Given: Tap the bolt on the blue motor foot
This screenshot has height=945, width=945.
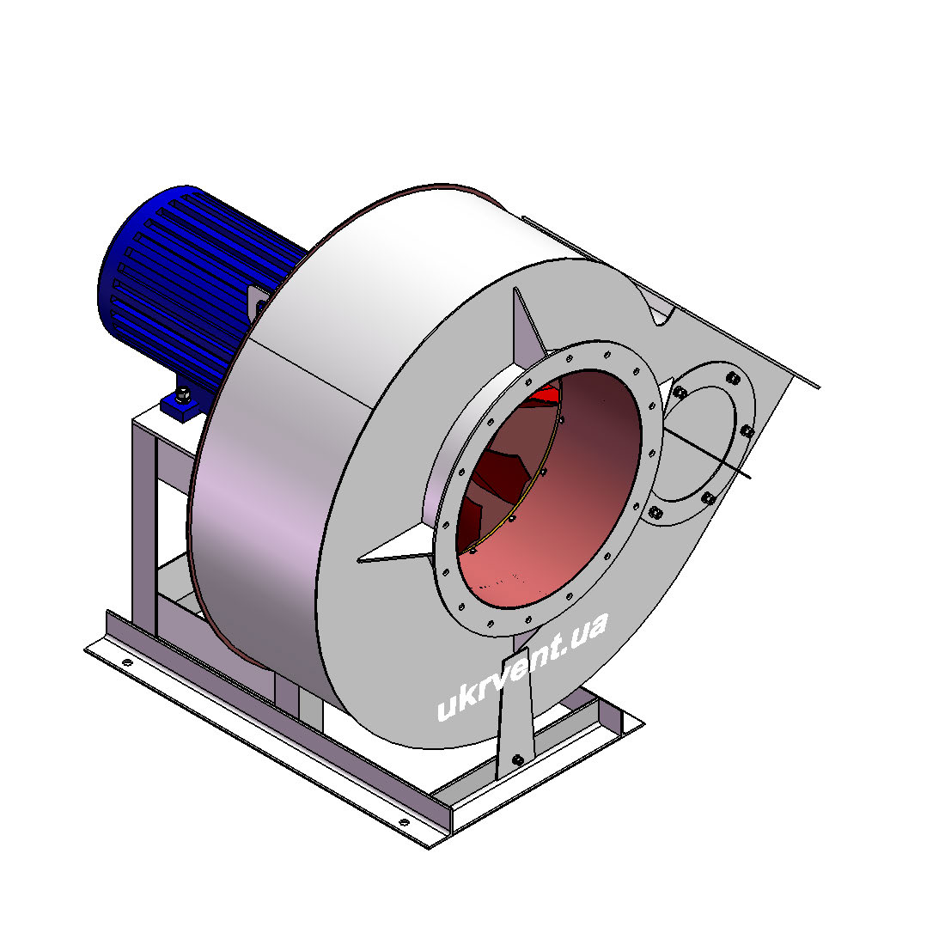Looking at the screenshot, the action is click(x=183, y=396).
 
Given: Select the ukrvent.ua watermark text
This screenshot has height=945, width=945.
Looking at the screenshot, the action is click(x=522, y=666).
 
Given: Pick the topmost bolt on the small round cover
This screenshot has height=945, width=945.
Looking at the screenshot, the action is click(x=733, y=378).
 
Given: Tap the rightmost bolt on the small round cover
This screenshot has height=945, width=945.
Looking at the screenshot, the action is click(x=747, y=431).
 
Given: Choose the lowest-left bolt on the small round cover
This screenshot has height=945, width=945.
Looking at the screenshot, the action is click(x=655, y=513).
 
